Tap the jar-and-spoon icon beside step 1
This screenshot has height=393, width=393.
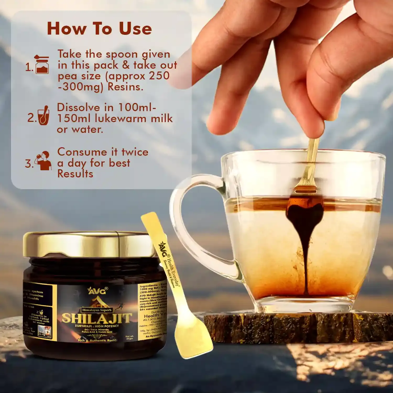click(42, 64)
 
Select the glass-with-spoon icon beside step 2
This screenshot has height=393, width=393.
click(43, 116)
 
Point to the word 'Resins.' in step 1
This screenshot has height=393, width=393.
click(125, 87)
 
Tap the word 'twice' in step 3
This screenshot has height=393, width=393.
click(135, 152)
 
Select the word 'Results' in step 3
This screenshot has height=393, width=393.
click(75, 174)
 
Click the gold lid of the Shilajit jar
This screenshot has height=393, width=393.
click(89, 244)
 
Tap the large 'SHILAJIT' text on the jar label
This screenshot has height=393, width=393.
click(96, 318)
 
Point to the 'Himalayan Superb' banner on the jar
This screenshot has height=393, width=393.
click(97, 310)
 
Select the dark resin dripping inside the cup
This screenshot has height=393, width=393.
click(305, 236)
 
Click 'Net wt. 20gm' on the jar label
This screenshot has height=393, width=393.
click(129, 337)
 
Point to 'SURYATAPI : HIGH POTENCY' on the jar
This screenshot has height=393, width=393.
click(97, 326)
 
